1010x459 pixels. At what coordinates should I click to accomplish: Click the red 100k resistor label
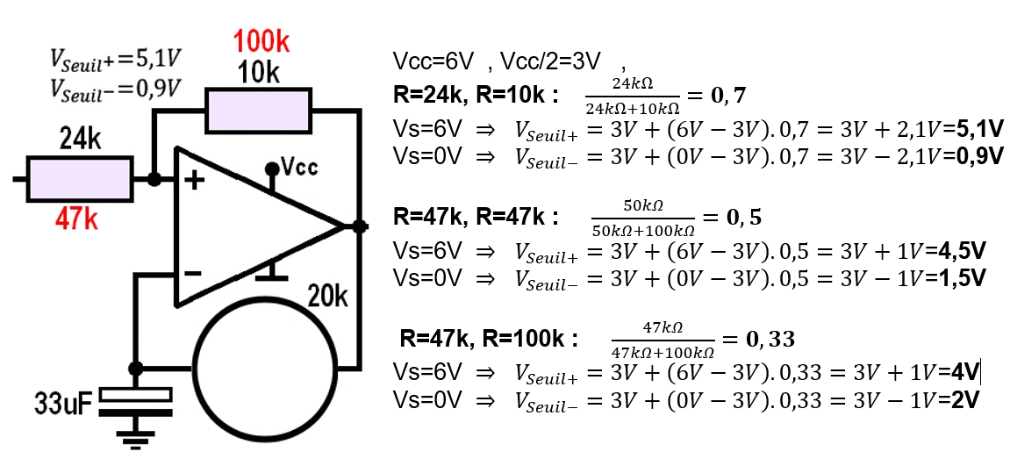coord(261,40)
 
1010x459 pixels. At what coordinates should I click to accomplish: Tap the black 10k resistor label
coord(260,73)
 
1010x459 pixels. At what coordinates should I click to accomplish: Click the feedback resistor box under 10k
coord(258,111)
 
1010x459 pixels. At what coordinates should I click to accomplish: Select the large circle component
coord(266,366)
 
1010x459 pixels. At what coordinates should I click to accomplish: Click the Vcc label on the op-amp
coord(299,167)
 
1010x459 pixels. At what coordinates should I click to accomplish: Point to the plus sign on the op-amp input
coord(194,182)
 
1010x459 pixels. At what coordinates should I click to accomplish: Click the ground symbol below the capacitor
coord(135,438)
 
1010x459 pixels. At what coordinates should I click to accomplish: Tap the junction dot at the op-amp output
coord(358,226)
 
